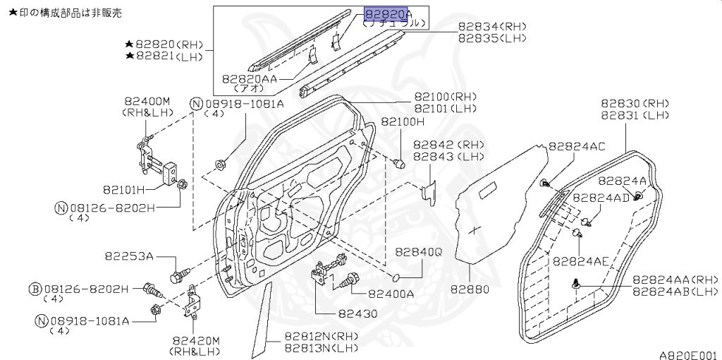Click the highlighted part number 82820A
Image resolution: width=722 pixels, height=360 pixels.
[386, 15]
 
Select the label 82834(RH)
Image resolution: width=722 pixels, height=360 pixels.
[492, 28]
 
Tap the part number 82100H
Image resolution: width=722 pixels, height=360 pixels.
[402, 121]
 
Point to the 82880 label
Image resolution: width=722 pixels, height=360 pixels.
[470, 290]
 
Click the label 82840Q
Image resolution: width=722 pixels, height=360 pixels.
[419, 252]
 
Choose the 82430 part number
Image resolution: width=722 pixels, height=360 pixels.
[357, 314]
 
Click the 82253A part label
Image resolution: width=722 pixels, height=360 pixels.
[129, 256]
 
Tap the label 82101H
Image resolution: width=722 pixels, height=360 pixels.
[124, 189]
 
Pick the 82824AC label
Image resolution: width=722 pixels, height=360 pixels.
[577, 147]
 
